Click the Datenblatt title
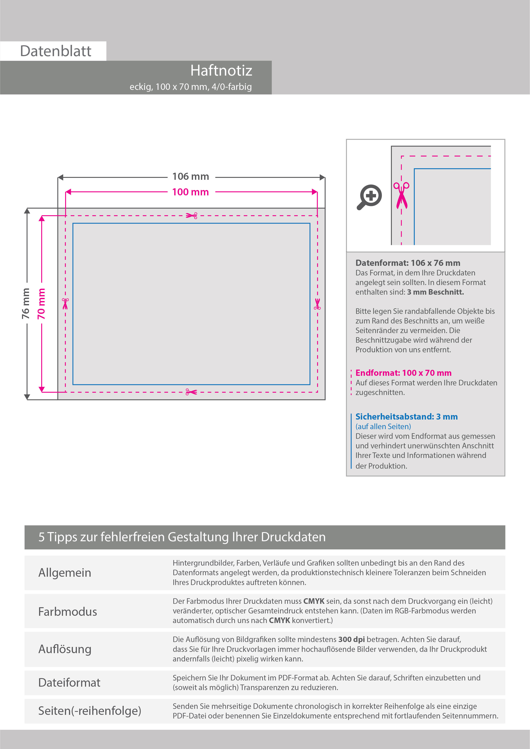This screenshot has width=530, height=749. click(x=56, y=51)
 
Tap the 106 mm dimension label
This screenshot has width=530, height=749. click(x=191, y=177)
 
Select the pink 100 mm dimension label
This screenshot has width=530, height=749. click(x=191, y=192)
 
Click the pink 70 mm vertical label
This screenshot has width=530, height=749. click(x=41, y=303)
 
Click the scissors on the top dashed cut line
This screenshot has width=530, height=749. click(x=192, y=216)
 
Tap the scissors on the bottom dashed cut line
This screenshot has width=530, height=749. click(x=191, y=392)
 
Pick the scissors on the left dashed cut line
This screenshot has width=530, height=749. click(x=65, y=303)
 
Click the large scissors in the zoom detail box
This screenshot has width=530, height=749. click(x=401, y=195)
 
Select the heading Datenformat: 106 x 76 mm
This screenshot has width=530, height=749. click(x=408, y=263)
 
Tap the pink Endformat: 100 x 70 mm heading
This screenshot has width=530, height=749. click(x=403, y=373)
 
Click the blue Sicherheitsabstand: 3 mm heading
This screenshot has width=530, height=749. click(x=406, y=417)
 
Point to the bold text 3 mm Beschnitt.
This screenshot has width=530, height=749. click(x=435, y=292)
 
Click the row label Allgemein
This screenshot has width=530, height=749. click(x=65, y=572)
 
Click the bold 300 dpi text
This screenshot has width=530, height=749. click(x=351, y=639)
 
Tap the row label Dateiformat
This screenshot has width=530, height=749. click(x=69, y=682)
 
